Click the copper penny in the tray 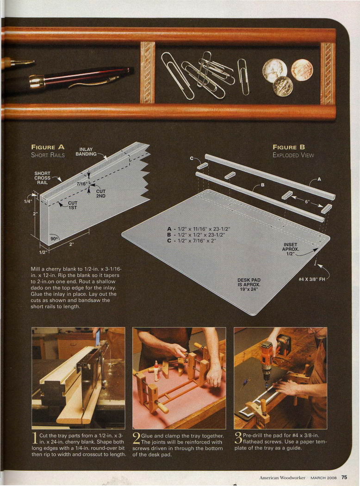point(302,70)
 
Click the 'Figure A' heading point(48,147)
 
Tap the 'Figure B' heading point(289,147)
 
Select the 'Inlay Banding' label point(86,151)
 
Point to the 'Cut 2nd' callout point(101,194)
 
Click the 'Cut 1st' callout point(73,205)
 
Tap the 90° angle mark point(54,239)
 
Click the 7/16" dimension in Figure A point(82,184)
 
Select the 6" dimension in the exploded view point(307,202)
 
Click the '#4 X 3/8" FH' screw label point(312,279)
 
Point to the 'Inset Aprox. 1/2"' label point(290,249)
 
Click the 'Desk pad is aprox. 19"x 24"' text point(249,285)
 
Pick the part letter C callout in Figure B point(192,158)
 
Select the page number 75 point(344,477)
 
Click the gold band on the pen point(37,81)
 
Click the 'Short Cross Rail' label point(43,178)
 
